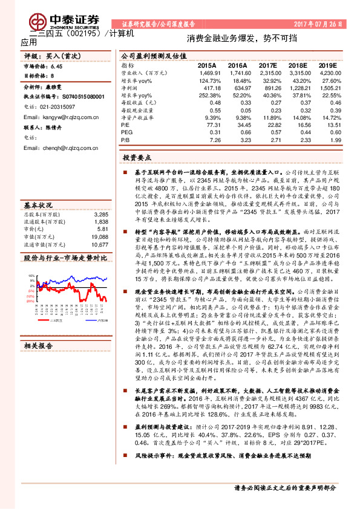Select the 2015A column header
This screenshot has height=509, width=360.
click(207, 64)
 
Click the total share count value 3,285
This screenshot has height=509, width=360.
click(100, 215)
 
